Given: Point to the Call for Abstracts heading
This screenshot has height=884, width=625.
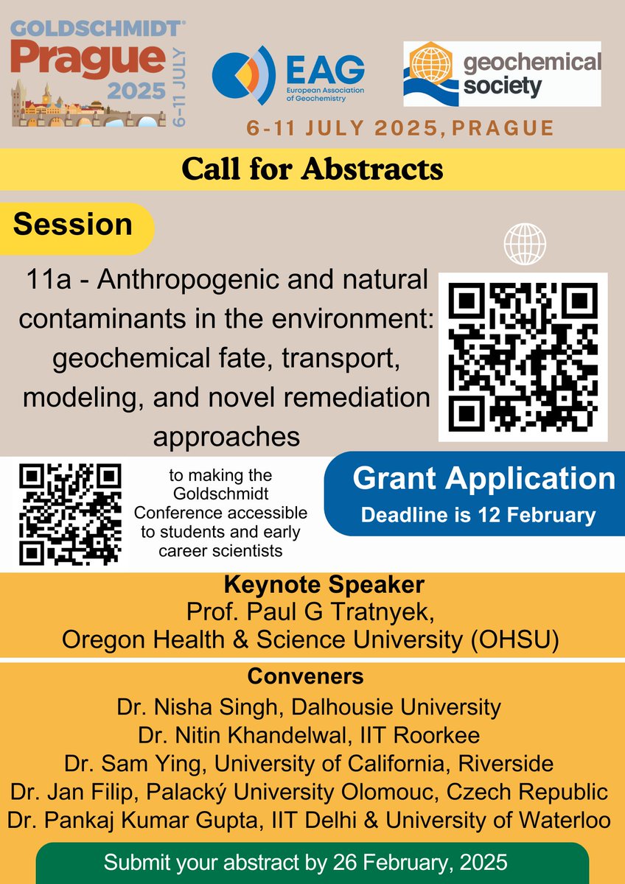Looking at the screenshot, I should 312,169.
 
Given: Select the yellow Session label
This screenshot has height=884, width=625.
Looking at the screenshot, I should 73,225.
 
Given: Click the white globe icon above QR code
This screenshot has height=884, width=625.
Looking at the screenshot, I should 525,243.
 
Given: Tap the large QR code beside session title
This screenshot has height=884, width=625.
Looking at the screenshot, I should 523,357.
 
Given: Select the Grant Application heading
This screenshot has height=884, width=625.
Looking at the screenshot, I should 483,478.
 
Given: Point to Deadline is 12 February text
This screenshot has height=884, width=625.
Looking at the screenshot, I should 478,515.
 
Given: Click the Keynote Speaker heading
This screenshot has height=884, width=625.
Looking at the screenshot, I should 312,586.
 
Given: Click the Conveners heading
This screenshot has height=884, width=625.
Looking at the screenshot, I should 312,676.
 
